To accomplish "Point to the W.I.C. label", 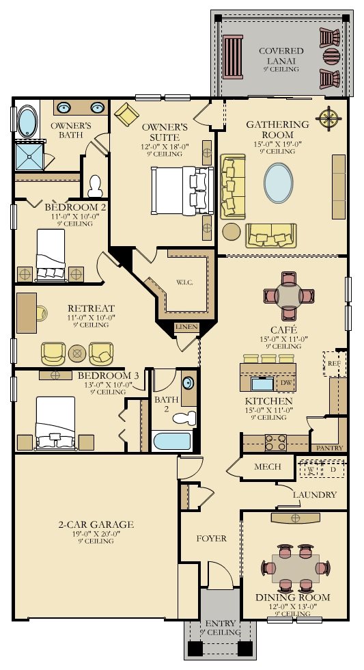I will [x=184, y=282].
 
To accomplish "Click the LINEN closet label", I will [x=186, y=327].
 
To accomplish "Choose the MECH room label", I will [x=268, y=467].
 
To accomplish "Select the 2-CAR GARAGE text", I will [x=96, y=524].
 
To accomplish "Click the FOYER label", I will [x=211, y=539].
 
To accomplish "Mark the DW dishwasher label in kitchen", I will [x=285, y=383].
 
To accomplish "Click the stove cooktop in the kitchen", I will [x=275, y=440].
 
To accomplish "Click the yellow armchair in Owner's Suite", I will [x=127, y=113].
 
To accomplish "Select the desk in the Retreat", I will [x=27, y=312].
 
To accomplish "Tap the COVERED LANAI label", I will [x=281, y=55].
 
